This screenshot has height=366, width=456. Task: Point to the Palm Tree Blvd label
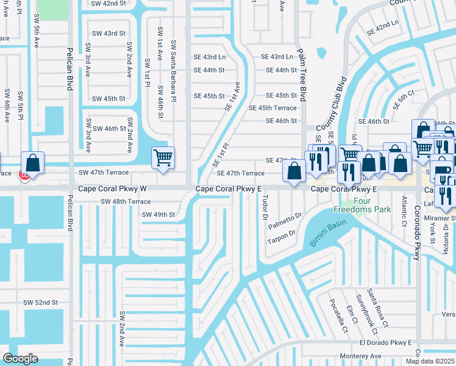click(301, 74)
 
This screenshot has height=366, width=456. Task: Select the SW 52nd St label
click(40, 303)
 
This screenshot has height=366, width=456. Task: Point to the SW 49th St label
click(159, 215)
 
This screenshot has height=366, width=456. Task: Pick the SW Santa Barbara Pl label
click(174, 71)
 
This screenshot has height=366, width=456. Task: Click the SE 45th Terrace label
click(273, 108)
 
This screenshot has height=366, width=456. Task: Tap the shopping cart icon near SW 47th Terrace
click(163, 157)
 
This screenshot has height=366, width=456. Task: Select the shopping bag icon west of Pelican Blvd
click(32, 163)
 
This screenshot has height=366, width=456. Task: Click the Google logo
click(20, 359)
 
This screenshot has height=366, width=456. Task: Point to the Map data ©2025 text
click(430, 361)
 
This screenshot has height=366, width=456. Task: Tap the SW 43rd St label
click(109, 33)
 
